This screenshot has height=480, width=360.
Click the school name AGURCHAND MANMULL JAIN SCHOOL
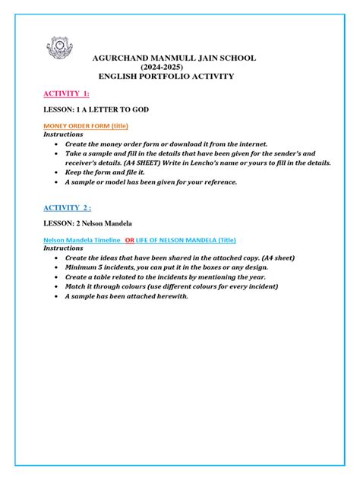[174, 58]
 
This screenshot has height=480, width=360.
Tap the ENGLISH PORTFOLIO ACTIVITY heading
[166, 77]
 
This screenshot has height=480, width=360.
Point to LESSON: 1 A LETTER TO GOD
[96, 109]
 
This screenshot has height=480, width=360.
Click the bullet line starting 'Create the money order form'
[162, 143]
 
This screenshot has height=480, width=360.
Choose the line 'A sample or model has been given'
[151, 182]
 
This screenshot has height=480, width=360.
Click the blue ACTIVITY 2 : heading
[67, 207]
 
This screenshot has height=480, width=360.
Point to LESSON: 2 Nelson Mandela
[87, 223]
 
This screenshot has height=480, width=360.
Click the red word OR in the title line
[129, 239]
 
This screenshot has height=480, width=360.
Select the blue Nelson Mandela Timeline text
[82, 239]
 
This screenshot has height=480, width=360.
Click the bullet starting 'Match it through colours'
[172, 286]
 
